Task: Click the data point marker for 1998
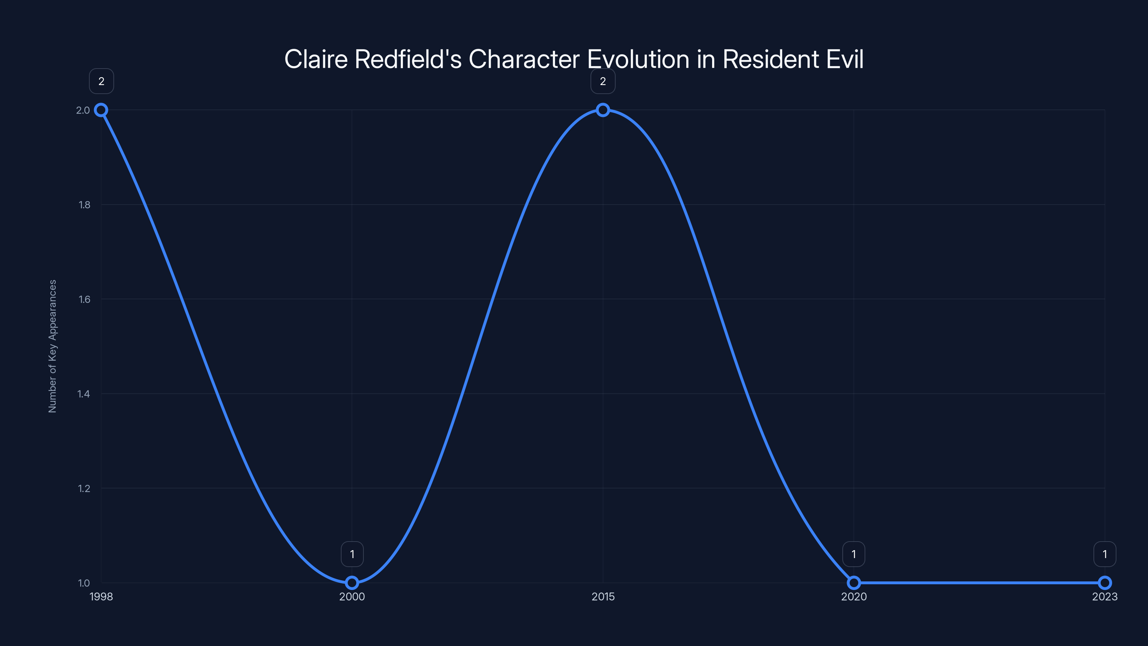click(x=101, y=110)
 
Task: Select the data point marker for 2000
click(x=352, y=583)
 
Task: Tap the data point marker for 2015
click(x=603, y=110)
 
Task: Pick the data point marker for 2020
click(x=854, y=583)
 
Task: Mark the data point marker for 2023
click(x=1105, y=583)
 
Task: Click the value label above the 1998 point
click(x=102, y=81)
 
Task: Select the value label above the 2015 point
click(x=603, y=81)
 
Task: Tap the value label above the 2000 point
click(x=352, y=554)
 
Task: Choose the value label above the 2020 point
click(x=854, y=554)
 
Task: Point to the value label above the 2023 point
click(x=1105, y=554)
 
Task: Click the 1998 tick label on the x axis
click(x=101, y=597)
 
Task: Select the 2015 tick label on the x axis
click(x=603, y=597)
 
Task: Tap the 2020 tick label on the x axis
click(x=854, y=597)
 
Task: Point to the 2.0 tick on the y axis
click(x=83, y=110)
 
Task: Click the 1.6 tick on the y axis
click(x=84, y=299)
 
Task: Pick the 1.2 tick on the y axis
click(x=84, y=488)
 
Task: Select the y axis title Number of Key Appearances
click(x=53, y=346)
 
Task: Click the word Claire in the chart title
click(x=316, y=59)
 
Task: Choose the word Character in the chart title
click(x=524, y=59)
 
